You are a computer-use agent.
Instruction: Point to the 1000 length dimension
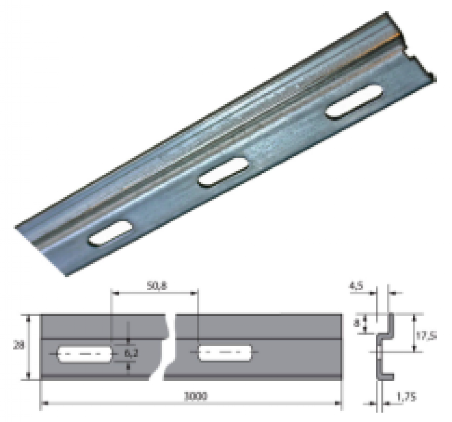pyautogui.click(x=193, y=396)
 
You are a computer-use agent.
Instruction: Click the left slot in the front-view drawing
pyautogui.click(x=85, y=354)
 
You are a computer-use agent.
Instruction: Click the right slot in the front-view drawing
pyautogui.click(x=225, y=354)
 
